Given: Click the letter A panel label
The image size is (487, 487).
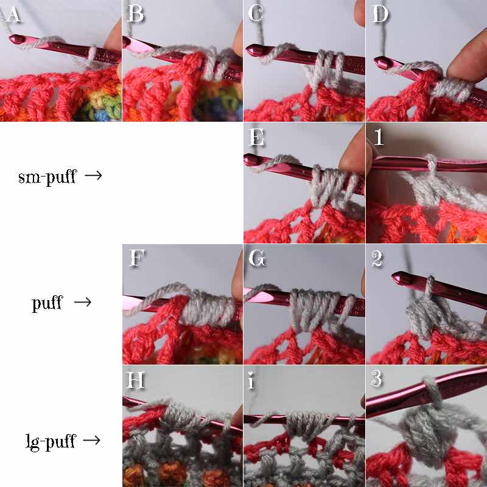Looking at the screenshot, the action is coord(13,13).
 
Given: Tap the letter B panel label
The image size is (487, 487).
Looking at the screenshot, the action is coord(135,13).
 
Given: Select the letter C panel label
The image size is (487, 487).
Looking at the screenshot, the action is coord(256,13).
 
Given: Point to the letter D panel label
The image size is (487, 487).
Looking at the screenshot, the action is coord(380,13).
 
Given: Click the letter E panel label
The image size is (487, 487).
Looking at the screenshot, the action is coord(256,137).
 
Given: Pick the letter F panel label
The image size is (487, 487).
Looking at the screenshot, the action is coord(136,258).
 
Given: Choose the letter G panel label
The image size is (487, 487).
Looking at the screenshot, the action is coord(257,258).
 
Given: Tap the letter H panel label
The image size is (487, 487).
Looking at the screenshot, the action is coord(136,379).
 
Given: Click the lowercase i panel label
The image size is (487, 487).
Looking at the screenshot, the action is coord(251,380).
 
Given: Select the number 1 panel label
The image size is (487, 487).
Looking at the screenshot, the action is coord(378,137).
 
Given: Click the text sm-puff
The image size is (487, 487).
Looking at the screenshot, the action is coord(47,177).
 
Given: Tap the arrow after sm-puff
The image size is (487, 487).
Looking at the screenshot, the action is coord(94,175).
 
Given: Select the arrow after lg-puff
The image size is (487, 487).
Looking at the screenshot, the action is coord(91,440).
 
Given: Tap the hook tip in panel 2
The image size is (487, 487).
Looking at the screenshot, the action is coord(396,276).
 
